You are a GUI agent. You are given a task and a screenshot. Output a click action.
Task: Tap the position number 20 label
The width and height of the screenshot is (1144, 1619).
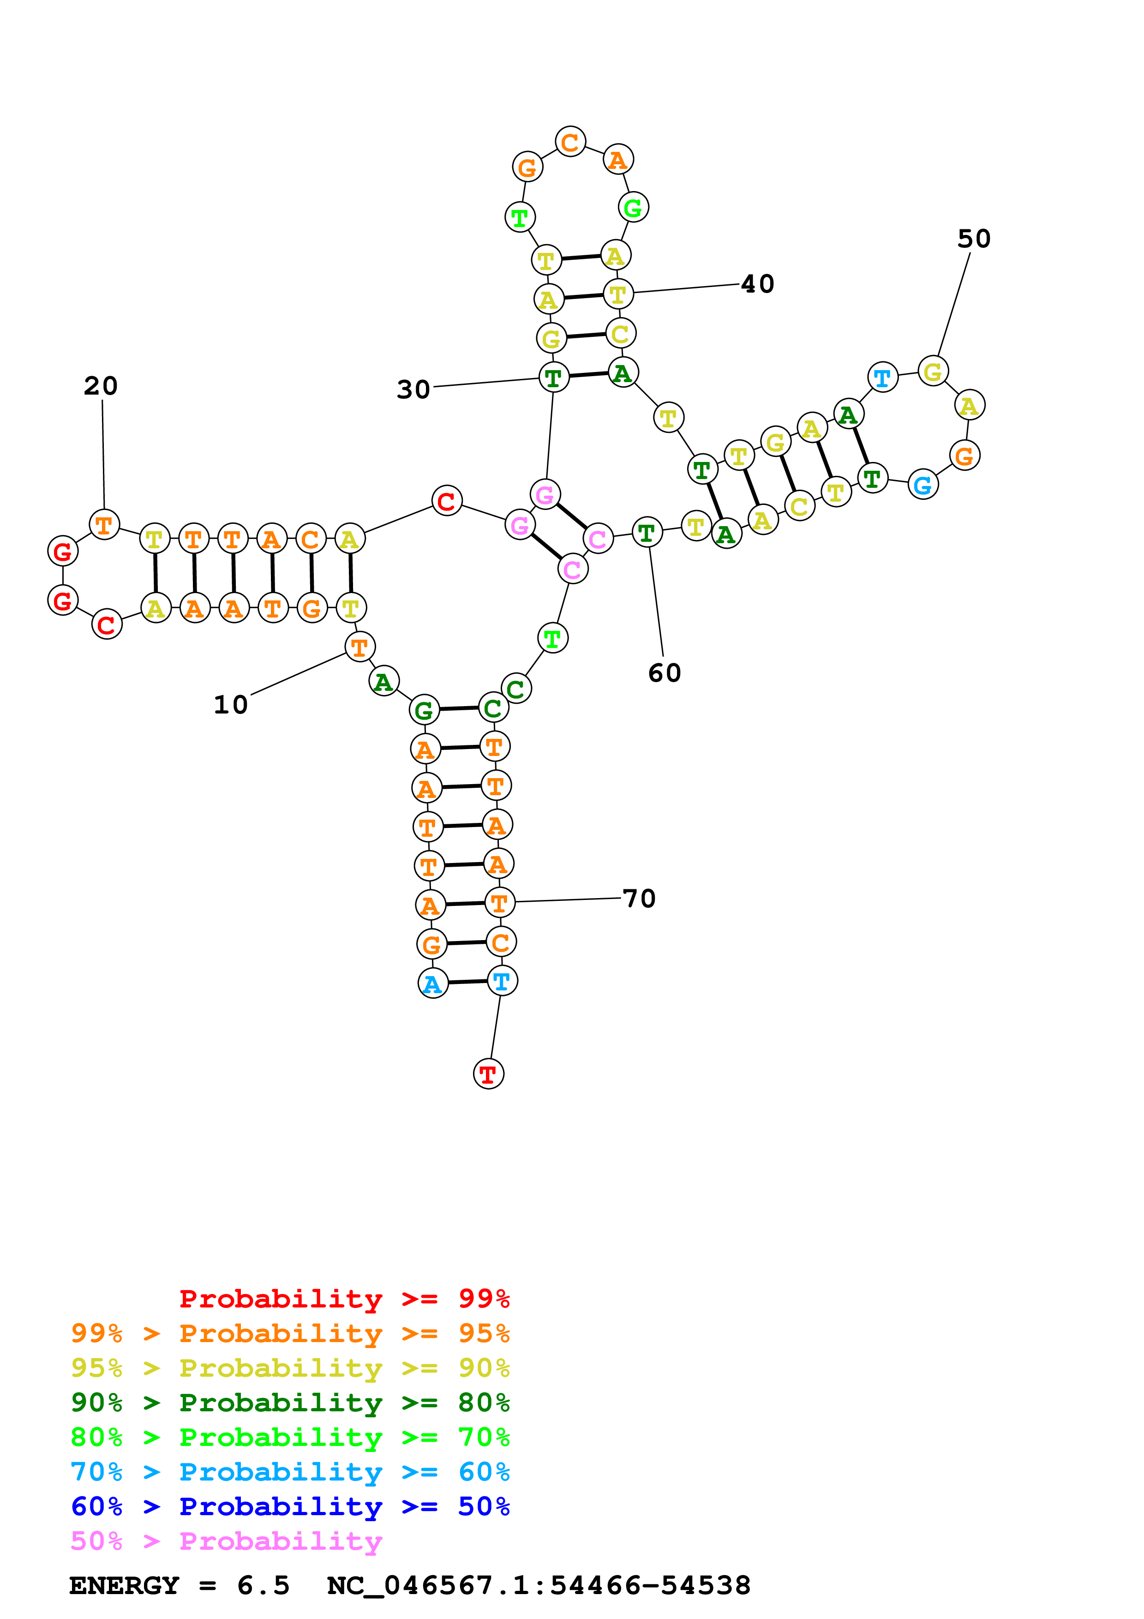point(101,386)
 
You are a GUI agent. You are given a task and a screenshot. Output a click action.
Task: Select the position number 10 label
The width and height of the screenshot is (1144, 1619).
point(230,704)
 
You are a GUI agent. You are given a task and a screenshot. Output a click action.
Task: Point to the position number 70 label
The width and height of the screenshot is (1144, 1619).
point(639,899)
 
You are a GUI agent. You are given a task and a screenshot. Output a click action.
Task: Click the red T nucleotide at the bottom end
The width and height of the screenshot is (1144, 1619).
point(488,1074)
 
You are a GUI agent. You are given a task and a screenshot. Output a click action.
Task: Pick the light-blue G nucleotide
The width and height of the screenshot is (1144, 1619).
point(922,485)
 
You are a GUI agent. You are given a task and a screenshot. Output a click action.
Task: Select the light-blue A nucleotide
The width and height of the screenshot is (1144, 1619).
point(433,983)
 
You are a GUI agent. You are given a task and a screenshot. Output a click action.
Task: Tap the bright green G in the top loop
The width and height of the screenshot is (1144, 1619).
point(633,207)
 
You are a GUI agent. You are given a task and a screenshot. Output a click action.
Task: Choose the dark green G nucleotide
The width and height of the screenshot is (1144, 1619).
point(424,710)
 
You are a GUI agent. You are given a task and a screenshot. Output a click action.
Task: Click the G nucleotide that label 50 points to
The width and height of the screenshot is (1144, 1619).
point(933,371)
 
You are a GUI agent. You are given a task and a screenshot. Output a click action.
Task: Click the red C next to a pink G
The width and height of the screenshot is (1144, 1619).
point(446,501)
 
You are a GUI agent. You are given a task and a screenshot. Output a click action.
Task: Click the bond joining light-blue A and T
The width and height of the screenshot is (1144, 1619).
point(467,982)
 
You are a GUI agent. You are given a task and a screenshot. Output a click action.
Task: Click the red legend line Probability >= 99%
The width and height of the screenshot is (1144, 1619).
point(344,1298)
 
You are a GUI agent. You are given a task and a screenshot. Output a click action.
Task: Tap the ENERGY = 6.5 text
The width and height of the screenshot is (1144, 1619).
point(179,1585)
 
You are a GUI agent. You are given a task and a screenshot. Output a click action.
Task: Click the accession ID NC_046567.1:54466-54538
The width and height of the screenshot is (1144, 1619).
point(539,1585)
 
